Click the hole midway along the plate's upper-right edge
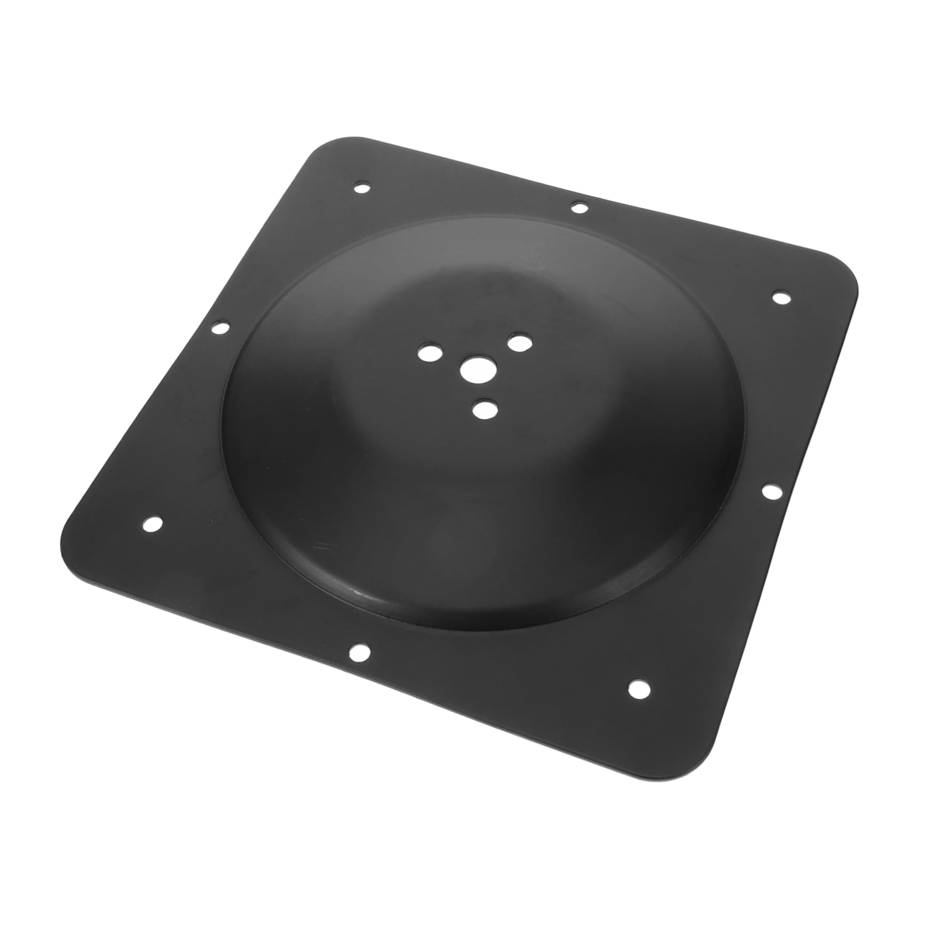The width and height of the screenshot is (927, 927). (x=578, y=207)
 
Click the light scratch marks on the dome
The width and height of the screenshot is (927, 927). (x=325, y=545)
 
